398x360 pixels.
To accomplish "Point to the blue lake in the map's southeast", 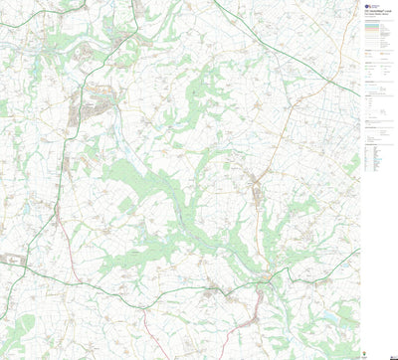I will (x=328, y=320).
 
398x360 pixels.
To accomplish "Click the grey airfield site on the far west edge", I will (x=12, y=261).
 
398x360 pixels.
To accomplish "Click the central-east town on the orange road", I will (x=257, y=185).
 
